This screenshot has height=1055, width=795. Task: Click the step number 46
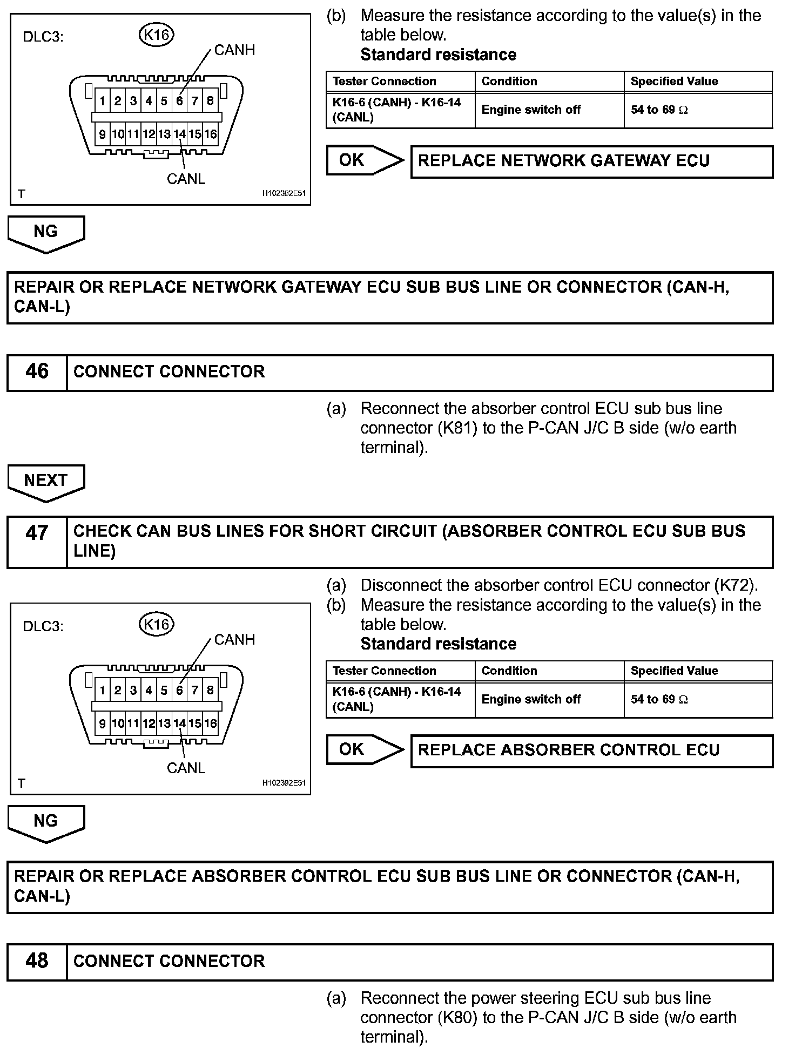pyautogui.click(x=37, y=372)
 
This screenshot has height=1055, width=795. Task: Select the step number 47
pyautogui.click(x=37, y=533)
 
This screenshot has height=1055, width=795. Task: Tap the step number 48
pyautogui.click(x=37, y=961)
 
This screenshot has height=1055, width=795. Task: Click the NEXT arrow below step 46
pyautogui.click(x=46, y=481)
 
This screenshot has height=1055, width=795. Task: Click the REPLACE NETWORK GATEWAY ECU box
pyautogui.click(x=591, y=161)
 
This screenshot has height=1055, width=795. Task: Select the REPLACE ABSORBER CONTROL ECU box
pyautogui.click(x=591, y=750)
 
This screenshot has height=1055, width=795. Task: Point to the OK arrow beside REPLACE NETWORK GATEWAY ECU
pyautogui.click(x=363, y=160)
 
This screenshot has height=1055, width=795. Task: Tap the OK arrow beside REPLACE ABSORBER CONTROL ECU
pyautogui.click(x=363, y=749)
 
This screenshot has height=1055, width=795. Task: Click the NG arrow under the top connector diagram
pyautogui.click(x=46, y=232)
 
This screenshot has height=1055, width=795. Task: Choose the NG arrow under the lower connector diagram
pyautogui.click(x=46, y=821)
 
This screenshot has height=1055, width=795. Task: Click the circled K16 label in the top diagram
pyautogui.click(x=157, y=35)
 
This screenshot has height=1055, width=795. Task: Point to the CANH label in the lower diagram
pyautogui.click(x=234, y=640)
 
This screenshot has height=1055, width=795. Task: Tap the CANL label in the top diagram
pyautogui.click(x=186, y=179)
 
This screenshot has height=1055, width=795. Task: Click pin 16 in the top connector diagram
pyautogui.click(x=210, y=134)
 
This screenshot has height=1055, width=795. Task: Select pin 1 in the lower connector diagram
pyautogui.click(x=102, y=690)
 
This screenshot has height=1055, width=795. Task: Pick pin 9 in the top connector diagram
pyautogui.click(x=102, y=134)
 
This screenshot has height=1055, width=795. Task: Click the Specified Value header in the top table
pyautogui.click(x=674, y=82)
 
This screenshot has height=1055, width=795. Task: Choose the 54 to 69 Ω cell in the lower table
pyautogui.click(x=659, y=700)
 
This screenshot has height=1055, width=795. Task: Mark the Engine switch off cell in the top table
pyautogui.click(x=530, y=110)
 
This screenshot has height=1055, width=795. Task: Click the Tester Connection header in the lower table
pyautogui.click(x=384, y=671)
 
